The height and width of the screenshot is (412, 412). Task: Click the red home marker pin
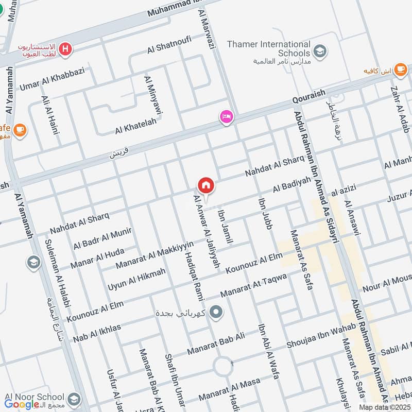click(206, 185)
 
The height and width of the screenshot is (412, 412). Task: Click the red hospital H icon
click(65, 49)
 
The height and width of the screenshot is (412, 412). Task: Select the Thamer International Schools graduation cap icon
click(320, 51)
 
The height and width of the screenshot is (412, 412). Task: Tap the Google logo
click(22, 405)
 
